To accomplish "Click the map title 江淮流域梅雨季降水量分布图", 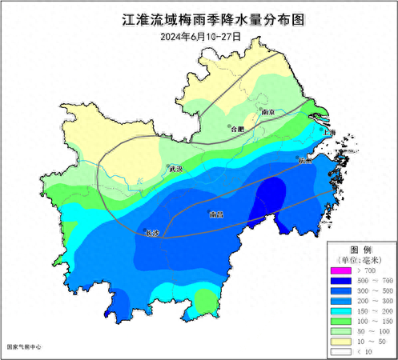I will (x=199, y=18).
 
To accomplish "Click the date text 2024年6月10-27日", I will (x=199, y=36).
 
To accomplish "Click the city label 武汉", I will (x=175, y=170).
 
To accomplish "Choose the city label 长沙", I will (x=154, y=233).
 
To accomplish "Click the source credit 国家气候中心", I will (x=24, y=347).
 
